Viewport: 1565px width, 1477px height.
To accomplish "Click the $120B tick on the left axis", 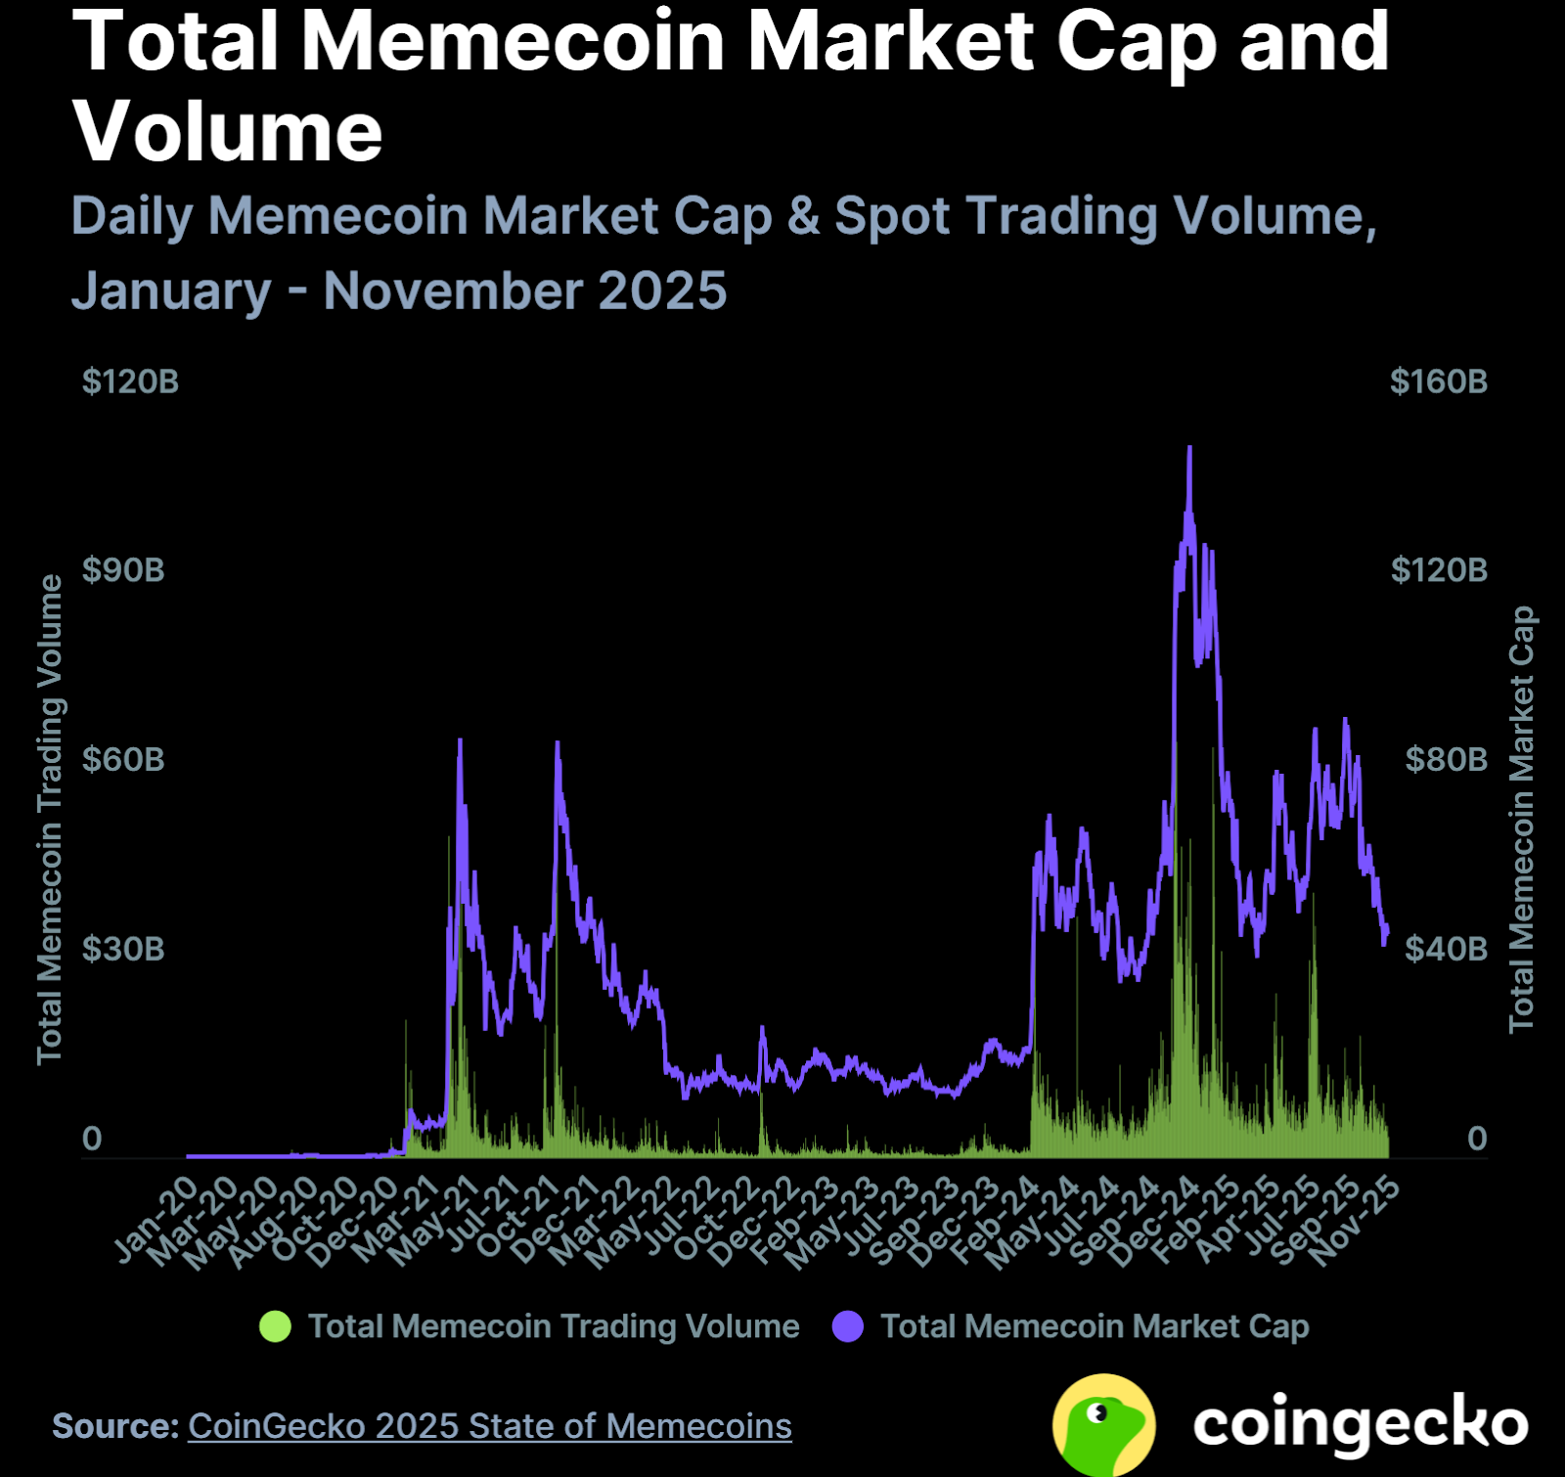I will (130, 381).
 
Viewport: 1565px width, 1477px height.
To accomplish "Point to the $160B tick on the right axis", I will (1438, 381).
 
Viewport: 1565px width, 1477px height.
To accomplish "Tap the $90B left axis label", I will (123, 570).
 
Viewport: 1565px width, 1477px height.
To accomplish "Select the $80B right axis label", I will (1446, 759).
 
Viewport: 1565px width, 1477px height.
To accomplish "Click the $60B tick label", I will (123, 759).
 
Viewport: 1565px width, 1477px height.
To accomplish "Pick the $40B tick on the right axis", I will (1446, 949).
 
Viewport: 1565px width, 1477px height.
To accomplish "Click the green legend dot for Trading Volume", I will (275, 1326).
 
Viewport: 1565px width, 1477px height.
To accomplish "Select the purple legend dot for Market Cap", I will (847, 1326).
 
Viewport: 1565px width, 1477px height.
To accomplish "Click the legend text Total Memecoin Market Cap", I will (1095, 1326).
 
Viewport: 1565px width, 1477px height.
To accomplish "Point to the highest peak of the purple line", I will (1189, 448).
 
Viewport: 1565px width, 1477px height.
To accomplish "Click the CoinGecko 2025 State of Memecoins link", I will (489, 1426).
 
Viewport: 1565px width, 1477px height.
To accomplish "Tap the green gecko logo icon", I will (1103, 1424).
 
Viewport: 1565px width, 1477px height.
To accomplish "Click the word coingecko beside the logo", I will (1360, 1424).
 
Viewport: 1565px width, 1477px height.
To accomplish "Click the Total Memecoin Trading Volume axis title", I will (50, 819).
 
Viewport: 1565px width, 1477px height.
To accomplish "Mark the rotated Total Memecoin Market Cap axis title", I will (1521, 819).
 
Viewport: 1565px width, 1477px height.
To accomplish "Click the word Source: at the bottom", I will (115, 1426).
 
